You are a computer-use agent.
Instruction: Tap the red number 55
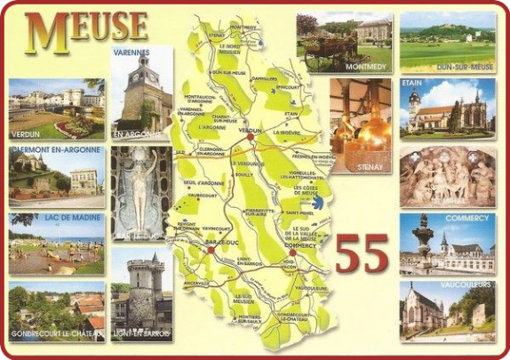(362, 253)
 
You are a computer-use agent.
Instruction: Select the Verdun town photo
(56, 109)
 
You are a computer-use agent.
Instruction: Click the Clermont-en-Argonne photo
(56, 176)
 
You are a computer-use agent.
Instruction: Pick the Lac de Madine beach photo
(56, 243)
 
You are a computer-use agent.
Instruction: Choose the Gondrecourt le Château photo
(56, 311)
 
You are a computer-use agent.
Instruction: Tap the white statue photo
(141, 193)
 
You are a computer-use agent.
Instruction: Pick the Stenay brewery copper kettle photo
(360, 114)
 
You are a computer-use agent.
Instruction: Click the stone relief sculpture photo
(447, 176)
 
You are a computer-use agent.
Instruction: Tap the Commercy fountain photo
(447, 243)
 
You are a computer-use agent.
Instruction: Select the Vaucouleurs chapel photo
(447, 311)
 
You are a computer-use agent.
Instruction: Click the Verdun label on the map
(250, 131)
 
